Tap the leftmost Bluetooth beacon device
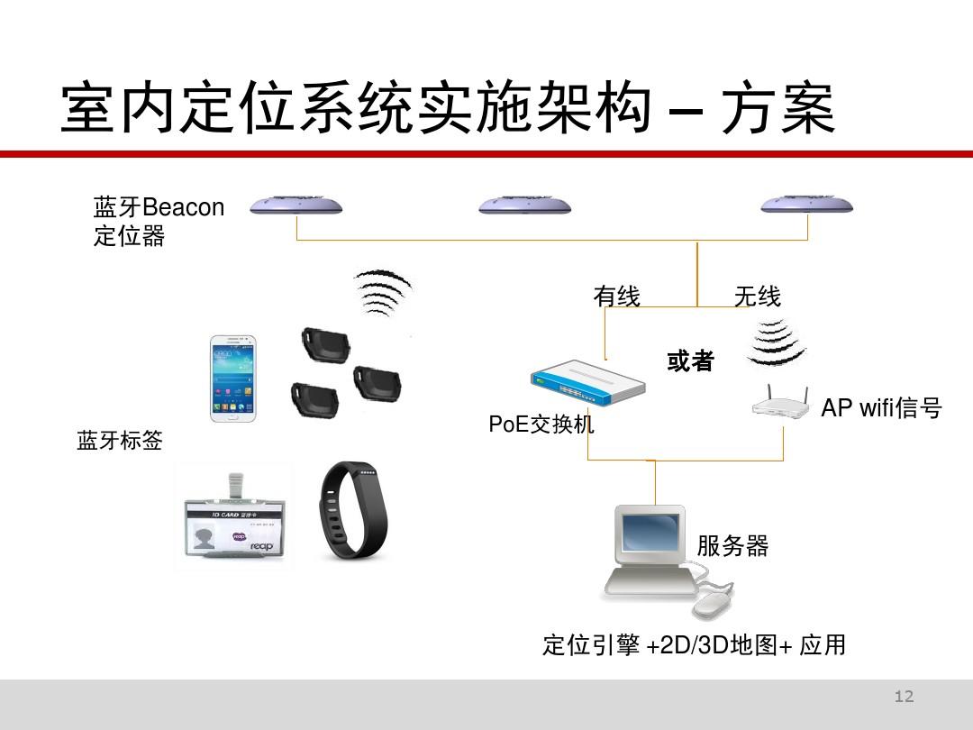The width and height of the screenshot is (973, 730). (x=296, y=205)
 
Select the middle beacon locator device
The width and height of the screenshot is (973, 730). (x=524, y=205)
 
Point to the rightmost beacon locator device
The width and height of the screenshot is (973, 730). (x=806, y=205)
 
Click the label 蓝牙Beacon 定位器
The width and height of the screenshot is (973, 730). (x=158, y=221)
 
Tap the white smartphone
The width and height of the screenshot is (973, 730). (x=232, y=379)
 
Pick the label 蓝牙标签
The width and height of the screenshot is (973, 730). (x=120, y=441)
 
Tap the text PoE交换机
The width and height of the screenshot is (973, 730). (x=541, y=424)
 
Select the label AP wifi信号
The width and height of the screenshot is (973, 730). (x=880, y=408)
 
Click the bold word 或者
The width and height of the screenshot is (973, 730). (x=690, y=361)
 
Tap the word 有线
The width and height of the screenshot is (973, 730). (x=616, y=296)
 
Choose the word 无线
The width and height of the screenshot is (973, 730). (x=757, y=296)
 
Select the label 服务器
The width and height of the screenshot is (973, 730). (x=732, y=545)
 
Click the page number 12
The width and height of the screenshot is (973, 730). (x=904, y=696)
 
